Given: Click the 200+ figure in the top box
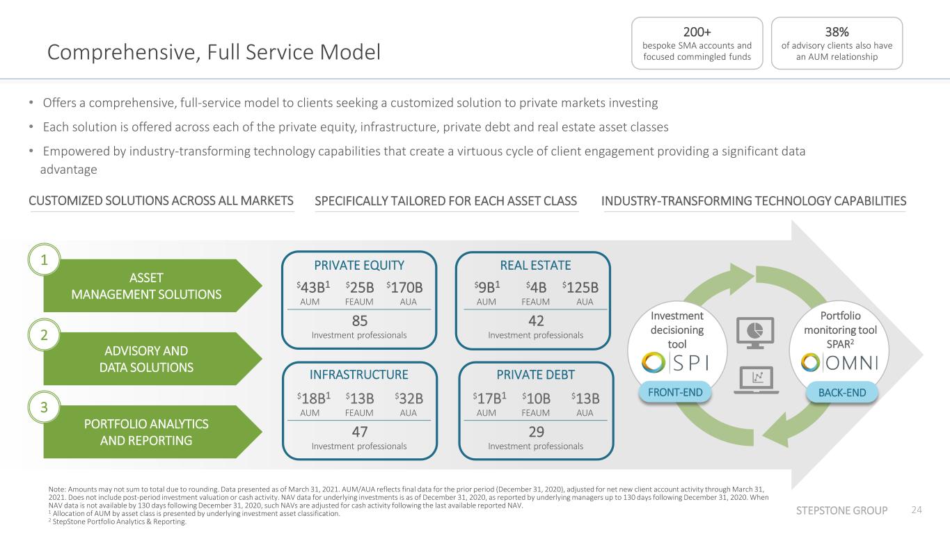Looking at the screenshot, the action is pos(697,32).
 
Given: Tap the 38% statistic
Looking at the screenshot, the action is pos(837,32).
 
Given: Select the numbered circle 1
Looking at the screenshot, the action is pos(44,260).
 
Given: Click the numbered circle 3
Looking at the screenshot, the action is pos(44,407).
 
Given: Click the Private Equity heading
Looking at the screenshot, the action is pos(359,266).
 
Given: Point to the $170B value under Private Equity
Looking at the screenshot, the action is pos(404,288).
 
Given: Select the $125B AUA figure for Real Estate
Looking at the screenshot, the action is pos(580,288).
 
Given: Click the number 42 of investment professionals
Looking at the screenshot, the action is pos(536,321).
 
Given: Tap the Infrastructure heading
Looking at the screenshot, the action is pos(359,375).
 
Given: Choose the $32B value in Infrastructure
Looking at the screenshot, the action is pos(409,399).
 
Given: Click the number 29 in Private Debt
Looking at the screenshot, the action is pos(536,432).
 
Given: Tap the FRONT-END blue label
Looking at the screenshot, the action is pos(675,392).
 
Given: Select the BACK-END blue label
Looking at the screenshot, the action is pos(842,393).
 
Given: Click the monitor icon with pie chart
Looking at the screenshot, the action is pos(755,332).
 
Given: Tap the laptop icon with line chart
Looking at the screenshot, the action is pos(757,380).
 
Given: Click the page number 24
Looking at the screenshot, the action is pos(917,510).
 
